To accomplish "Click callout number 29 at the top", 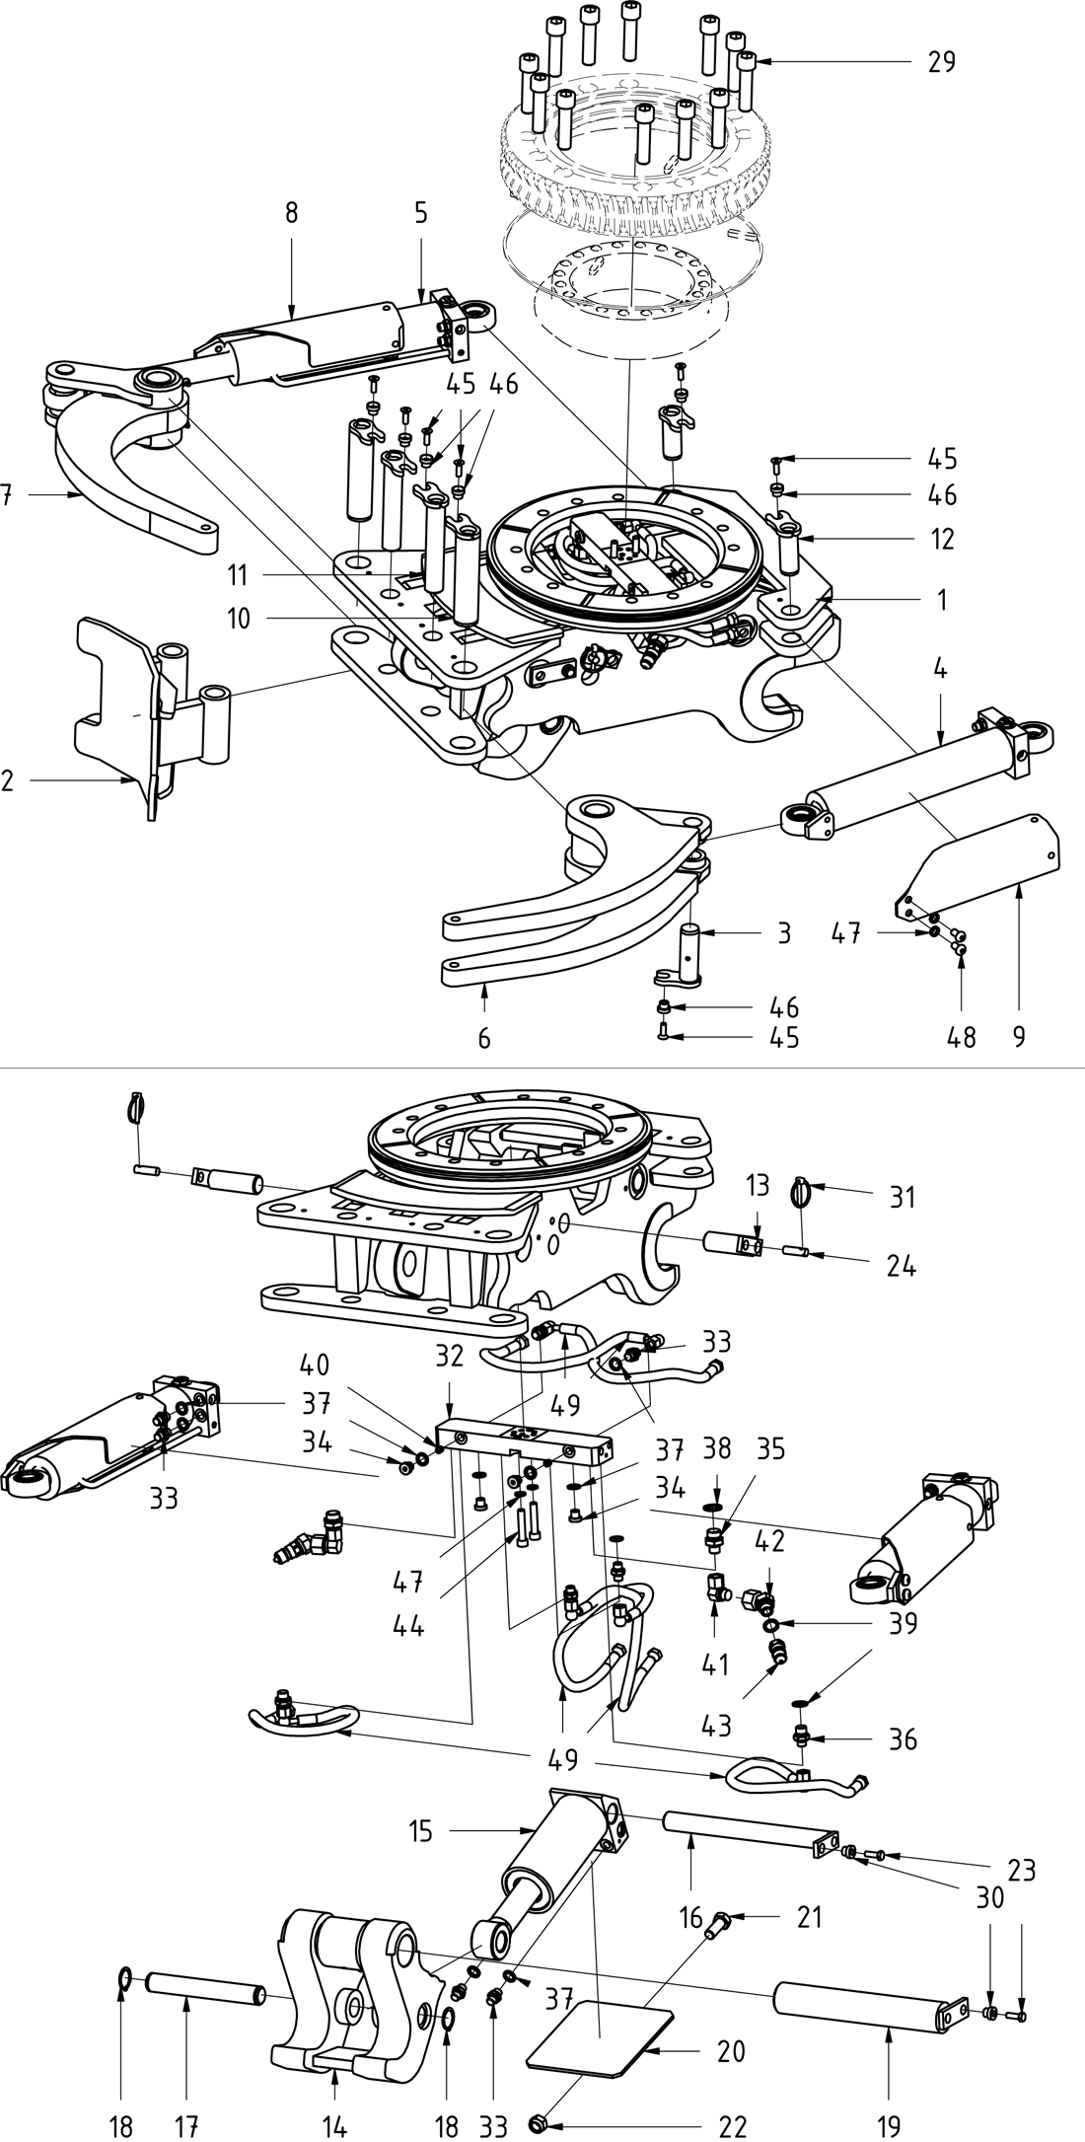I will tap(942, 61).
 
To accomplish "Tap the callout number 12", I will tap(942, 539).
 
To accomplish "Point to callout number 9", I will tap(1018, 1036).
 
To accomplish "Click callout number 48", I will tap(962, 1036).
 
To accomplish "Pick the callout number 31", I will tap(902, 1197).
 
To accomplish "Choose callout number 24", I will tap(902, 1265).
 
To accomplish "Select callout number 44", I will tap(408, 1624).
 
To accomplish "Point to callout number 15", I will tap(421, 1832).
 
